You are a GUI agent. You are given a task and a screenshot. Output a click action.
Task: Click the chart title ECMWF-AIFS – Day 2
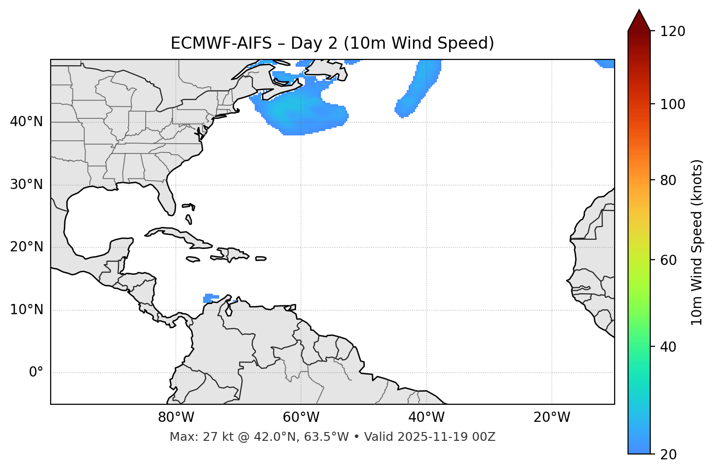332,43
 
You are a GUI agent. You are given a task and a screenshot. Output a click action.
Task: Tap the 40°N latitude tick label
26,122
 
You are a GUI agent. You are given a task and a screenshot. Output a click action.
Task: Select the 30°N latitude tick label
26,185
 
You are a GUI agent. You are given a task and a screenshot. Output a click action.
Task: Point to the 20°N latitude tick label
26,247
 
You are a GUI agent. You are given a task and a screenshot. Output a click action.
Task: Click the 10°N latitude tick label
26,310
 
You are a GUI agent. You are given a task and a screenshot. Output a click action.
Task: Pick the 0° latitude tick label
36,373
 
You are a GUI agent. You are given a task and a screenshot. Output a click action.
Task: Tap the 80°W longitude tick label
176,417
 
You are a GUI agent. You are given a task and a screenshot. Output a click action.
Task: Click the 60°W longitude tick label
301,417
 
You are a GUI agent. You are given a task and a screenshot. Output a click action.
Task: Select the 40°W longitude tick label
426,417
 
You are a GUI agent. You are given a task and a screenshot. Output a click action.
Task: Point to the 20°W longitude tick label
551,417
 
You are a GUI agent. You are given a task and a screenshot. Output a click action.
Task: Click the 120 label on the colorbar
673,32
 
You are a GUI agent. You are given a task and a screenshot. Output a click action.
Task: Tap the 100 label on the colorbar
673,104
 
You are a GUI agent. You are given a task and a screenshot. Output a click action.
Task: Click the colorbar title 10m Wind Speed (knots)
697,243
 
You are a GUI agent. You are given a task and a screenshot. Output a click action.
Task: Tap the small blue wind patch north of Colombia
210,298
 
